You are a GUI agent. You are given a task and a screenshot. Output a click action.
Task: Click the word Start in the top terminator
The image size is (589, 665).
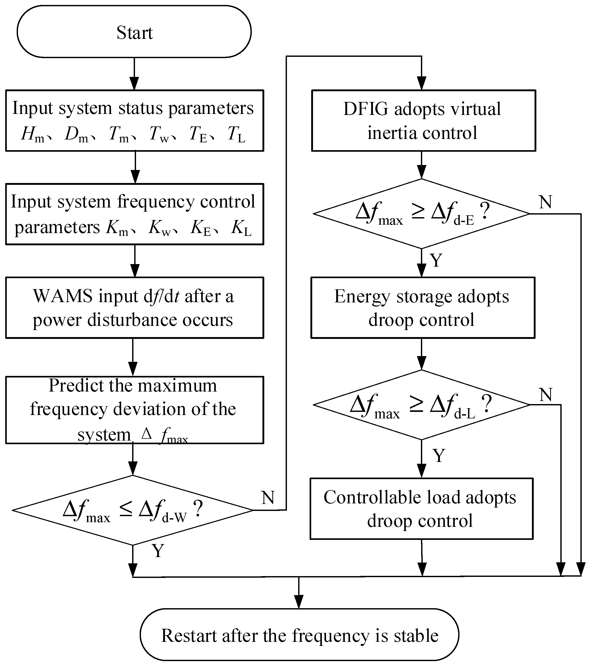[134, 33]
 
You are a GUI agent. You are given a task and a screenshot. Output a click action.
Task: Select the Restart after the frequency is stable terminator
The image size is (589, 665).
[299, 635]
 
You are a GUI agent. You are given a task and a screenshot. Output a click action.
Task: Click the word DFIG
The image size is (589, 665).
[366, 109]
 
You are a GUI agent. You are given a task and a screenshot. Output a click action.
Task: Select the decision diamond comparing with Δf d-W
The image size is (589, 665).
[133, 510]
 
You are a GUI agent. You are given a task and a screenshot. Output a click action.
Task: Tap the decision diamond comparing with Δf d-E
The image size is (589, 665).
[421, 214]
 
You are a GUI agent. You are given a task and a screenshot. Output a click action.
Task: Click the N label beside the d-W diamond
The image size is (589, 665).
[268, 497]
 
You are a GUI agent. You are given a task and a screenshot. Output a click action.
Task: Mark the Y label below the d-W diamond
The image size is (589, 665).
[158, 551]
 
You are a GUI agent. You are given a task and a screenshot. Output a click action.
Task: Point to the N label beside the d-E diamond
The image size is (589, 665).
[545, 202]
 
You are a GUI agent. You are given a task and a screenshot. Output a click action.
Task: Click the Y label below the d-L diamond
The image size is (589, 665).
[439, 455]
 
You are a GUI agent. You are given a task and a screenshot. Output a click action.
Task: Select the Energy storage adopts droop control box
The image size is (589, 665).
[422, 308]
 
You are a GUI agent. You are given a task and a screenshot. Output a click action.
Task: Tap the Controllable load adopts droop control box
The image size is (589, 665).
[421, 509]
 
